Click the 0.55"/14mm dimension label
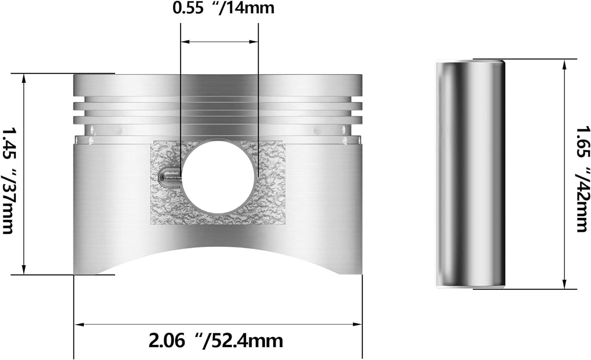[x=223, y=8]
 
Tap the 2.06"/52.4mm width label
[x=216, y=340]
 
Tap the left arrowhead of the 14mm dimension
[x=184, y=41]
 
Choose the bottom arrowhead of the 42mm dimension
[x=565, y=285]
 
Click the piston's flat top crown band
[x=217, y=84]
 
